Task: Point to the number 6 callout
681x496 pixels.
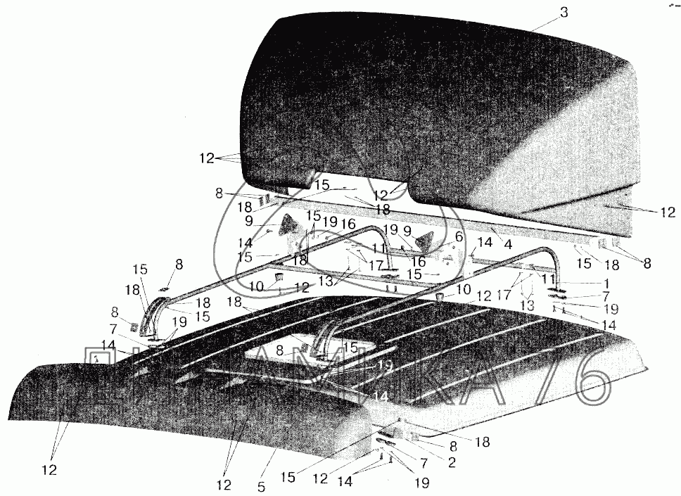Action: pos(458,237)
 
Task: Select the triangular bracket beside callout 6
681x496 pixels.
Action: pos(424,241)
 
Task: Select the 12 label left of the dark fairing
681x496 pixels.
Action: pos(206,159)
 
